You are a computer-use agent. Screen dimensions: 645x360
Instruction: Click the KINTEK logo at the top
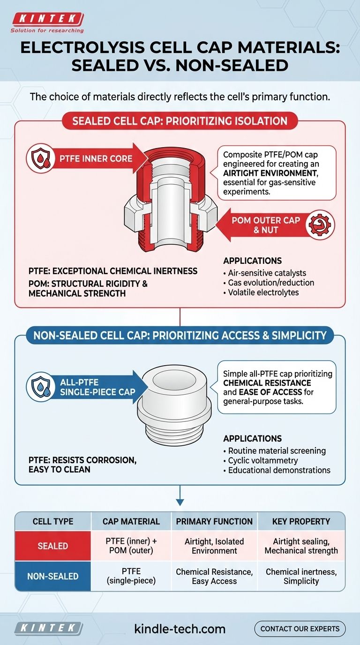(x=48, y=20)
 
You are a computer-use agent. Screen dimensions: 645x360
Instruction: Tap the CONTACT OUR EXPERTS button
(x=300, y=629)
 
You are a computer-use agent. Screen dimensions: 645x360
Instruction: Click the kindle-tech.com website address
(x=180, y=629)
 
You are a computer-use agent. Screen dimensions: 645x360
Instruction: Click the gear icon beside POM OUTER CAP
(x=321, y=224)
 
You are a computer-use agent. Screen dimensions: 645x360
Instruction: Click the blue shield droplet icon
(x=40, y=387)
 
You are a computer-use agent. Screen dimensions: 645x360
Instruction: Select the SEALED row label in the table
(x=53, y=546)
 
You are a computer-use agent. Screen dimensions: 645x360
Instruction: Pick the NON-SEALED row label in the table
(x=53, y=576)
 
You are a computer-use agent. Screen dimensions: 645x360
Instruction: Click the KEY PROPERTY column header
(x=301, y=521)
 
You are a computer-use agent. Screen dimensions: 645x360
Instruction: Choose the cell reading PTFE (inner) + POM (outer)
(x=131, y=546)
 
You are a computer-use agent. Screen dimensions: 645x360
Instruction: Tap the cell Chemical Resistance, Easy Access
(x=214, y=576)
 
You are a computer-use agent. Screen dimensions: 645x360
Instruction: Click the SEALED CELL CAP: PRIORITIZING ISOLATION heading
(x=180, y=121)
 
